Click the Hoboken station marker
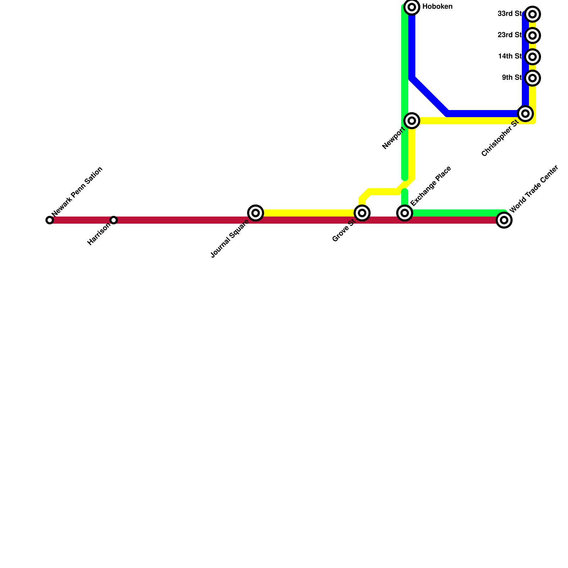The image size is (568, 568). pyautogui.click(x=412, y=7)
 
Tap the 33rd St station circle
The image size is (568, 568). pyautogui.click(x=532, y=14)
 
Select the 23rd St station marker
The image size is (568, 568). pyautogui.click(x=532, y=35)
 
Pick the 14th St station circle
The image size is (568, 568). pyautogui.click(x=532, y=57)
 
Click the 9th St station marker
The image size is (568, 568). pyautogui.click(x=532, y=78)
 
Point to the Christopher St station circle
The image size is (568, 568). pyautogui.click(x=525, y=114)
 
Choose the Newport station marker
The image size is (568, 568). pyautogui.click(x=412, y=121)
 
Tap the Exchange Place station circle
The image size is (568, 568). pyautogui.click(x=405, y=213)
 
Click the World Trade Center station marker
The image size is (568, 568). pyautogui.click(x=504, y=220)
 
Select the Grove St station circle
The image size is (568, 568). pyautogui.click(x=362, y=213)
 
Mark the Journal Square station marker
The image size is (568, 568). pyautogui.click(x=256, y=213)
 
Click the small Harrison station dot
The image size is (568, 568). pyautogui.click(x=114, y=220)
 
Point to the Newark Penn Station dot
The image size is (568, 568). pyautogui.click(x=50, y=220)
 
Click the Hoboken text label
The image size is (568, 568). pyautogui.click(x=437, y=7)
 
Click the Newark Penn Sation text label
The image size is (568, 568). pyautogui.click(x=77, y=191)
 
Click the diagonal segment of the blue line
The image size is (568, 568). pyautogui.click(x=430, y=96)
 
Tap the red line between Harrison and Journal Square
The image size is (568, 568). pyautogui.click(x=185, y=220)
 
